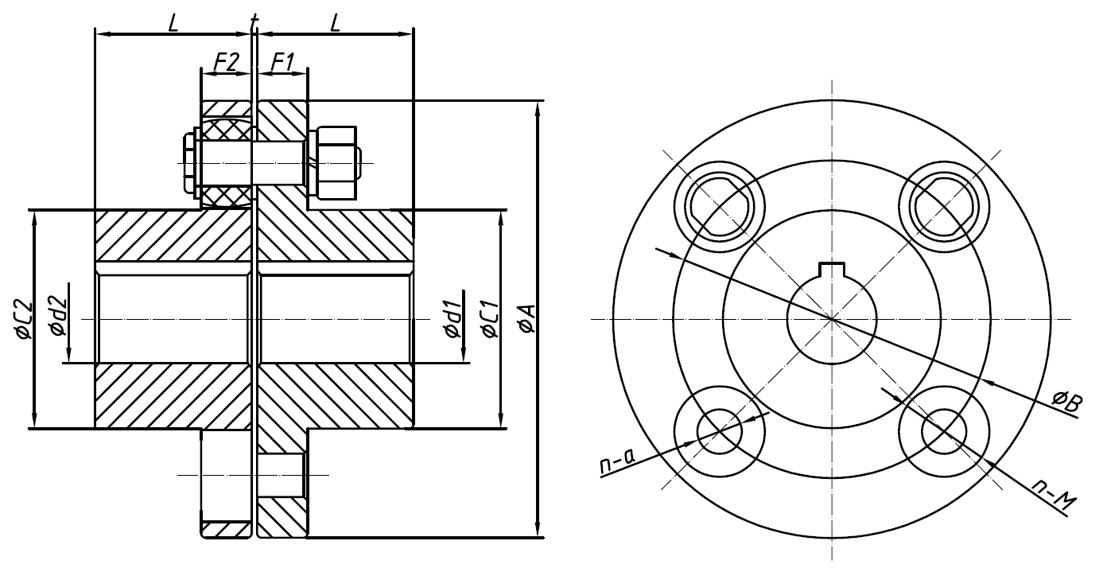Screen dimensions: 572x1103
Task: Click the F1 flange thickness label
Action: pos(282,61)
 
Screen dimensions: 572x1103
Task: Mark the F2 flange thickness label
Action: pos(226,61)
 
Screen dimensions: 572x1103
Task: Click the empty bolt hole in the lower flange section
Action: pos(282,475)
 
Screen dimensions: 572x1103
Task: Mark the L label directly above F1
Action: pos(335,22)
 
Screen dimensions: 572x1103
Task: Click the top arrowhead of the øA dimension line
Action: pos(538,107)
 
